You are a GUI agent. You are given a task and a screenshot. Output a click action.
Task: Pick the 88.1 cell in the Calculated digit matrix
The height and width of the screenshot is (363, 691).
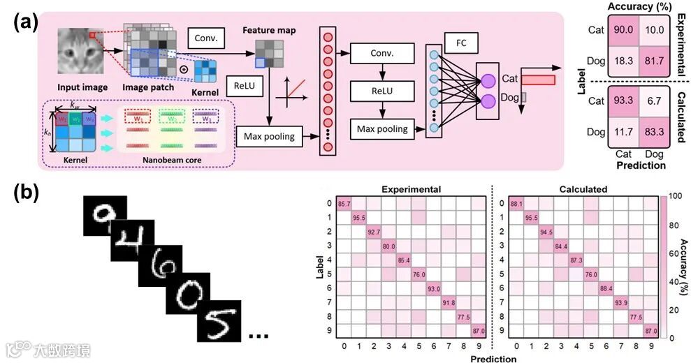[x=516, y=204]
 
